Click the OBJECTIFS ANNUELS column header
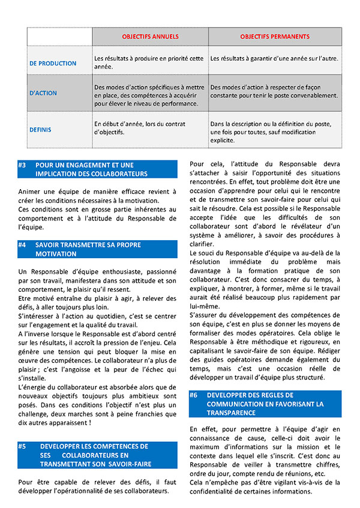pyautogui.click(x=150, y=37)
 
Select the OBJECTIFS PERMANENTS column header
pyautogui.click(x=275, y=37)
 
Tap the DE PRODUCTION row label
pyautogui.click(x=53, y=63)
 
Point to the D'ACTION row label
pyautogui.click(x=44, y=93)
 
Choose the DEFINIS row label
pyautogui.click(x=40, y=129)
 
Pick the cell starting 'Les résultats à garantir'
pyautogui.click(x=274, y=59)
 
